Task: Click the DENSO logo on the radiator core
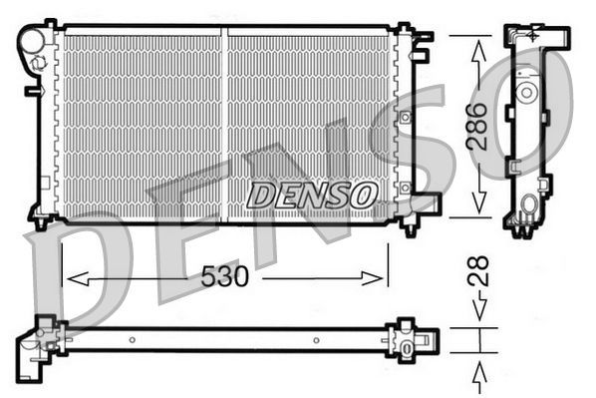coord(312,195)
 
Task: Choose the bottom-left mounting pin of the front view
coord(41,221)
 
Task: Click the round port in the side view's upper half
coord(524,92)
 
